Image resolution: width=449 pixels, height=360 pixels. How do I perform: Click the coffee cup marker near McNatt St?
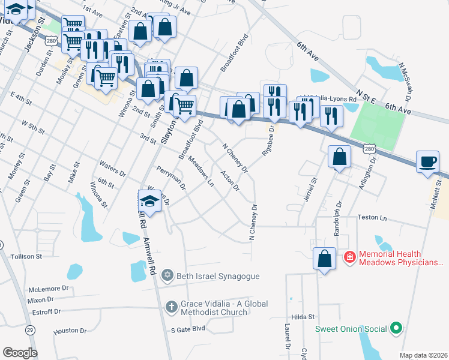point(427,163)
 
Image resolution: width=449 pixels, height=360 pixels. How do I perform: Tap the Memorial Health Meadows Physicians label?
point(400,259)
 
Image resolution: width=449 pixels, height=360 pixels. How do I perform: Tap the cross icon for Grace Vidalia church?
point(170,306)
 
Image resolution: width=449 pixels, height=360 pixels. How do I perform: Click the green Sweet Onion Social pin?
point(395,329)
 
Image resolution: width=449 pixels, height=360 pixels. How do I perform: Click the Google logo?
point(19,353)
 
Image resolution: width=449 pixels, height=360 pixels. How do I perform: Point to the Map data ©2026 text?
point(423,355)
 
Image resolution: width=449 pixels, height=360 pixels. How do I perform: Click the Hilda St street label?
point(303,316)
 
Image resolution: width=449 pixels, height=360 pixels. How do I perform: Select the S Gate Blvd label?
point(188,329)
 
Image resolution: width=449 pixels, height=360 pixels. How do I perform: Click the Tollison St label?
point(26,256)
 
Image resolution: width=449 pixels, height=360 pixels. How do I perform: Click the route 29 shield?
point(29,329)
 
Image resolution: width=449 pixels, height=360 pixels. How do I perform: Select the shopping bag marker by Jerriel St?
point(340,157)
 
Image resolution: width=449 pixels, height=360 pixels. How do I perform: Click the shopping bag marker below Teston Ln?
point(324,259)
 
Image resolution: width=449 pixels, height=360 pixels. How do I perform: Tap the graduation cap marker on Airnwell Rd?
point(150,200)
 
